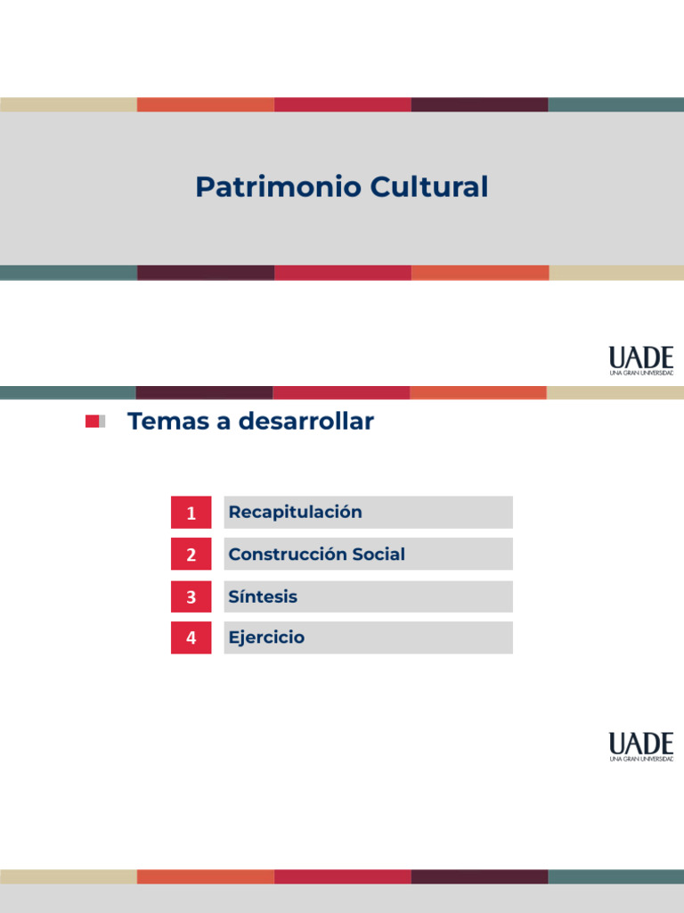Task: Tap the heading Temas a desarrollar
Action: pyautogui.click(x=250, y=422)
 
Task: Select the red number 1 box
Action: pyautogui.click(x=191, y=513)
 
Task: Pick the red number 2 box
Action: pyautogui.click(x=191, y=554)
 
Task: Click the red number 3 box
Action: pyautogui.click(x=191, y=596)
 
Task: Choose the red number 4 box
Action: pyautogui.click(x=191, y=637)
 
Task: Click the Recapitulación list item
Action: pyautogui.click(x=295, y=512)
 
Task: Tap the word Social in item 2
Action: pyautogui.click(x=378, y=554)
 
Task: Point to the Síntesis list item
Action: pyautogui.click(x=263, y=596)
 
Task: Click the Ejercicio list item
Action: pyautogui.click(x=266, y=637)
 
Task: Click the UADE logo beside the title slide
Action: pyautogui.click(x=641, y=360)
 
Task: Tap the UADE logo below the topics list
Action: pyautogui.click(x=641, y=746)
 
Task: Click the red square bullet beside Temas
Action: pyautogui.click(x=92, y=422)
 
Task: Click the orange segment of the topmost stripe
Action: pyautogui.click(x=206, y=104)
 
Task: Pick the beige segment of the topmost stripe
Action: pyautogui.click(x=69, y=104)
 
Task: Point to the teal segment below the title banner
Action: pyautogui.click(x=69, y=273)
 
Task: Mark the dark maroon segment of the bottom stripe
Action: pyautogui.click(x=479, y=876)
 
